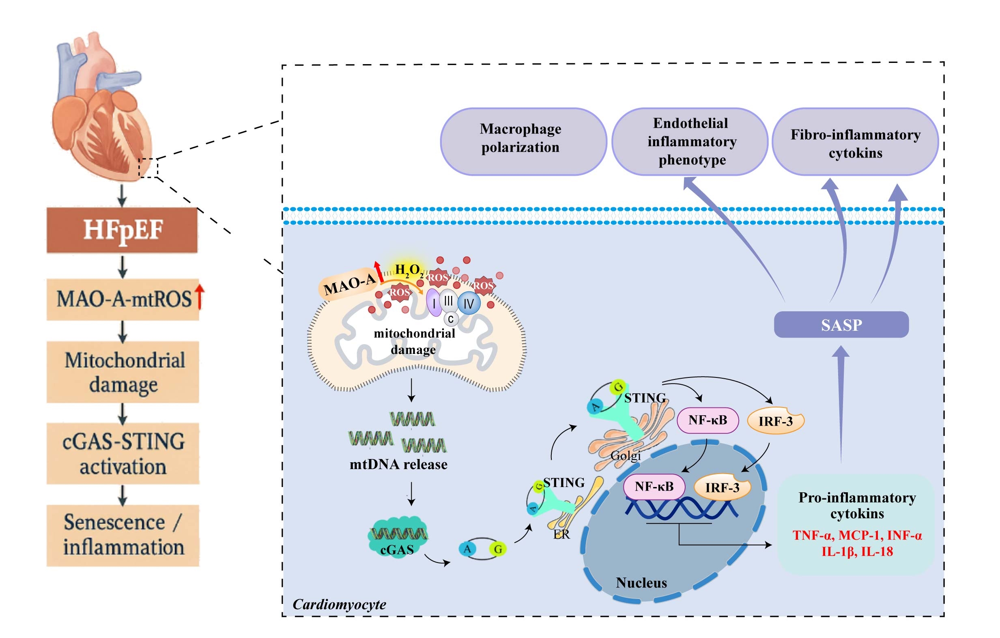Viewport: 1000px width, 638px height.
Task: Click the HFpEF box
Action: [122, 230]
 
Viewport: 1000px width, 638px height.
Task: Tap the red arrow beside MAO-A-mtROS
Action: [200, 297]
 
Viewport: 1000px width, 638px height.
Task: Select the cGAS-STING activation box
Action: [123, 454]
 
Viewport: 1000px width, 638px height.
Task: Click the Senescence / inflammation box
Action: [123, 535]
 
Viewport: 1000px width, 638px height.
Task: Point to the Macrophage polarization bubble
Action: [523, 141]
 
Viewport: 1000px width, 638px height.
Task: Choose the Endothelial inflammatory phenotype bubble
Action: [690, 141]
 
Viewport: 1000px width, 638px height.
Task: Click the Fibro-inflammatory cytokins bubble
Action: [855, 141]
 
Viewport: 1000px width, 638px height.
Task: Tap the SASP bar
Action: [841, 324]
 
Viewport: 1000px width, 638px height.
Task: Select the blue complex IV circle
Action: [469, 304]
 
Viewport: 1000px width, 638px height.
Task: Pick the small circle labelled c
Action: [451, 319]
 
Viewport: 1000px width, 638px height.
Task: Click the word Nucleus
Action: [641, 583]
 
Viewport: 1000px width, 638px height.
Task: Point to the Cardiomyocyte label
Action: [339, 604]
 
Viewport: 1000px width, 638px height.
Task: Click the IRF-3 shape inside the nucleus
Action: [722, 487]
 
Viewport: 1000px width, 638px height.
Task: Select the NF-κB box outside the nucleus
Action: [708, 420]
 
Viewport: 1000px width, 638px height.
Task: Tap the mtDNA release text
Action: [398, 464]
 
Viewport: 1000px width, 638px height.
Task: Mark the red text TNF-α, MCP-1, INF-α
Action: [857, 535]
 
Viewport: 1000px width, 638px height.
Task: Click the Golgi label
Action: [626, 456]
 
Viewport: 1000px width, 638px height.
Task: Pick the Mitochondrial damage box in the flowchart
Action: [123, 372]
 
